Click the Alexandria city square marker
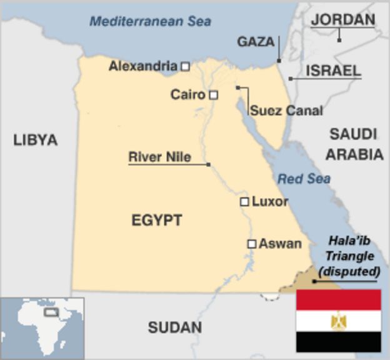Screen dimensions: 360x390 pos(185,66)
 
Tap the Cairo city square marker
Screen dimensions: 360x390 pos(213,95)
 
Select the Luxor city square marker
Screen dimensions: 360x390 pos(244,201)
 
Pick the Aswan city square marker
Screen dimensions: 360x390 pos(252,244)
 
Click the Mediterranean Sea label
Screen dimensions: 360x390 pos(151,21)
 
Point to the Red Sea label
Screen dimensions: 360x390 pos(304,179)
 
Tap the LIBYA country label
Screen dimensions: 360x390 pos(35,140)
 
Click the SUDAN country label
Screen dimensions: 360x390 pos(174,327)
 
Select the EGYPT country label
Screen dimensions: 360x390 pos(157,220)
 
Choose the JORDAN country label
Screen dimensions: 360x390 pos(343,19)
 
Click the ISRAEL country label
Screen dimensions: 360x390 pos(333,69)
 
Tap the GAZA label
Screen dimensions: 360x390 pos(256,42)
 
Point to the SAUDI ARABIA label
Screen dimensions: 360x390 pos(354,144)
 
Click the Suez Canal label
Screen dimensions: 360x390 pos(286,111)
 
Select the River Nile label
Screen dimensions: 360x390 pos(159,157)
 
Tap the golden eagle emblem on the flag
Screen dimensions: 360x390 pos(338,321)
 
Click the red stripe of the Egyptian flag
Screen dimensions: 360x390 pos(338,300)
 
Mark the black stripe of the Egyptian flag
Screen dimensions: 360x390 pos(338,342)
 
